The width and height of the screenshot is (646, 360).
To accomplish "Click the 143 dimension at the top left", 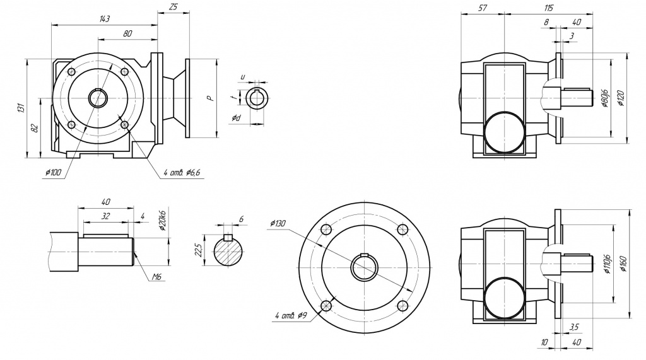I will pyautogui.click(x=105, y=20).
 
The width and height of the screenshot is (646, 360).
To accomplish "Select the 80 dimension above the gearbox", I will pyautogui.click(x=127, y=33).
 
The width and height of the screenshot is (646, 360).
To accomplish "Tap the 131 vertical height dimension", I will pyautogui.click(x=21, y=108).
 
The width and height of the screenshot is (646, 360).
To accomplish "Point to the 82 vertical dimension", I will pyautogui.click(x=35, y=127).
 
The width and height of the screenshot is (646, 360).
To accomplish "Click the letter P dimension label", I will pyautogui.click(x=212, y=98).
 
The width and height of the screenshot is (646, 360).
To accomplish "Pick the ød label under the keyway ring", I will pyautogui.click(x=235, y=118).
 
